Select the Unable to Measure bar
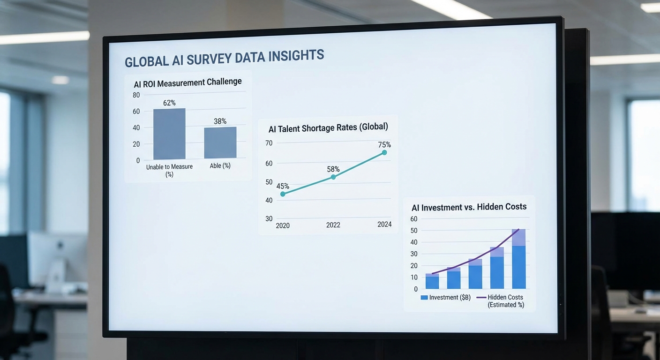pos(169,134)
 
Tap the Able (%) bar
pos(220,142)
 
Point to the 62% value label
pos(169,103)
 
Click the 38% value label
pos(220,121)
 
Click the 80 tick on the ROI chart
pos(136,95)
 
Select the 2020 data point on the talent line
pos(283,194)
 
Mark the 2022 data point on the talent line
pos(333,177)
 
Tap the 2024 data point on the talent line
pos(384,152)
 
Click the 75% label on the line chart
pos(384,144)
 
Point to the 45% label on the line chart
pos(283,186)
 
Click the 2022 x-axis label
pos(333,225)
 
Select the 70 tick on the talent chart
pos(269,143)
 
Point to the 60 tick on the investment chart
pos(414,219)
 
